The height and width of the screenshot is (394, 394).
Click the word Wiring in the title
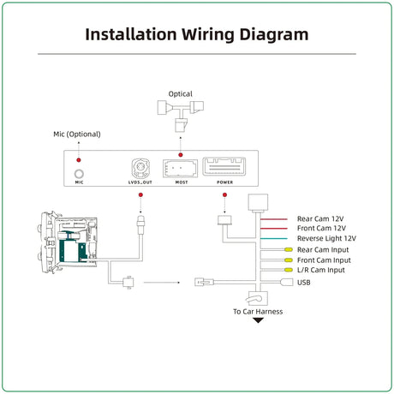[x=208, y=35]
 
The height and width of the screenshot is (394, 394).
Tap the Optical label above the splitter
[x=180, y=94]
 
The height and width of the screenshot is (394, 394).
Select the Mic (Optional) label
[x=77, y=134]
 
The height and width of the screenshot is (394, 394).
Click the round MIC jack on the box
[x=79, y=174]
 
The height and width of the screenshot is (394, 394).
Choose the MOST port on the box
[x=180, y=169]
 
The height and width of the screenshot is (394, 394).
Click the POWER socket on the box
[x=224, y=166]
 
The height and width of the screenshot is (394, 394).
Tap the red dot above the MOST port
[x=181, y=155]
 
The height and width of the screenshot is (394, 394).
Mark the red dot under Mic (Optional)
[x=79, y=160]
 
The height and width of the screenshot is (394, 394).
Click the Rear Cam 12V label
[x=320, y=219]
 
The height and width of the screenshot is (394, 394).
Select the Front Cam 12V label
[x=321, y=229]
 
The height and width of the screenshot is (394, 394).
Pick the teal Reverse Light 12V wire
[x=273, y=239]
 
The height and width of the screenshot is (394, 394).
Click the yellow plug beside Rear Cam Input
[x=289, y=250]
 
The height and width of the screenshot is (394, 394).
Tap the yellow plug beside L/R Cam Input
[x=289, y=270]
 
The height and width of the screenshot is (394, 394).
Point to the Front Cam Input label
[x=324, y=260]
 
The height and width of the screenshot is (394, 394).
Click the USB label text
[x=304, y=283]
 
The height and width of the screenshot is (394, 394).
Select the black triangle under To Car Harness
[x=259, y=320]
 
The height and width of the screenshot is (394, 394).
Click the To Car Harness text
[x=258, y=312]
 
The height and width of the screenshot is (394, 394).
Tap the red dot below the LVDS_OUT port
[x=140, y=194]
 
